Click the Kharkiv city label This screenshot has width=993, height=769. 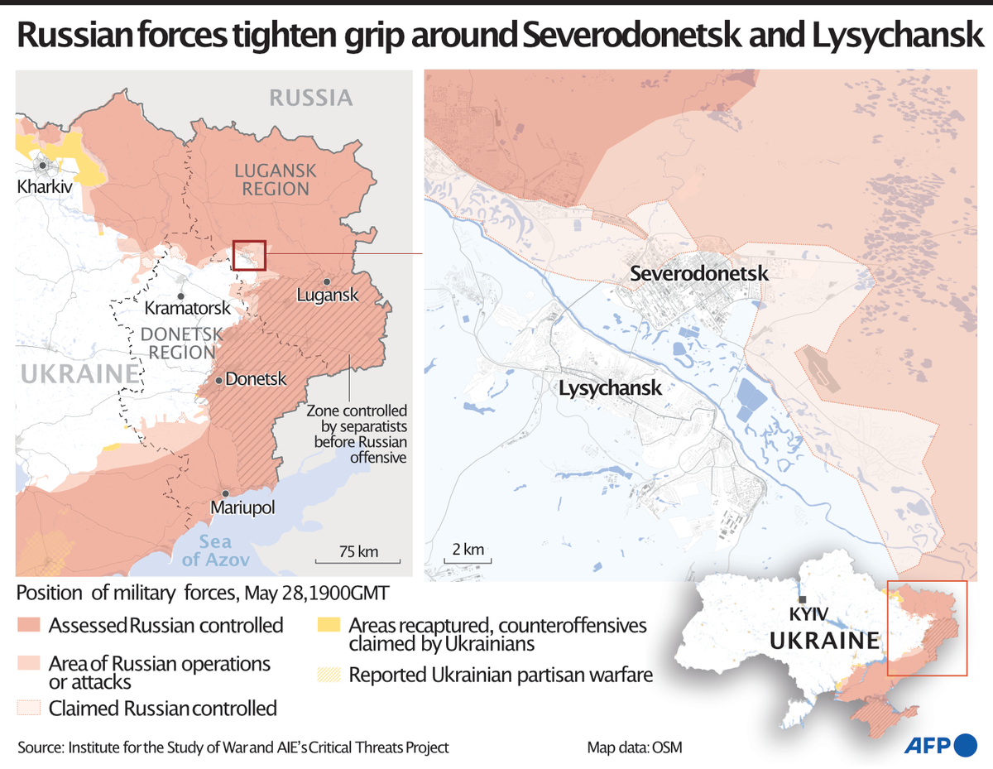click(45, 187)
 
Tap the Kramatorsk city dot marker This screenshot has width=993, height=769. click(180, 296)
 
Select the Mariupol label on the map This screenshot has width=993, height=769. click(242, 507)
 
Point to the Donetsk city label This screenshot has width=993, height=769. click(256, 379)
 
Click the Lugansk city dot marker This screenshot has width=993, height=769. click(329, 281)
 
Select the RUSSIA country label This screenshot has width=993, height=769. click(311, 98)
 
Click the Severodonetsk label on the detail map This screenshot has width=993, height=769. click(699, 273)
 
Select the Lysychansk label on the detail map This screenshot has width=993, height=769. click(611, 387)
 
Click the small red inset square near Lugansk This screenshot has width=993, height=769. click(249, 256)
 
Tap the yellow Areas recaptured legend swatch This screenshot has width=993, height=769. click(329, 624)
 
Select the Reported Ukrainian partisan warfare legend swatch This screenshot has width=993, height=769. click(329, 675)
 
